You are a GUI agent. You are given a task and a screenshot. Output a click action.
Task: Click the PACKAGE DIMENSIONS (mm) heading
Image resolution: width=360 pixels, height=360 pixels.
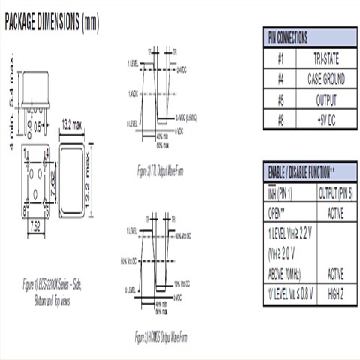pyautogui.click(x=51, y=23)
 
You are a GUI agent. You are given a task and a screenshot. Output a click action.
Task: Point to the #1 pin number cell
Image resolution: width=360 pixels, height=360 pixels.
pyautogui.click(x=280, y=58)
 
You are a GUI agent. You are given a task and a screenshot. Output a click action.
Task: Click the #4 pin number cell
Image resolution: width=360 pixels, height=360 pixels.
pyautogui.click(x=280, y=79)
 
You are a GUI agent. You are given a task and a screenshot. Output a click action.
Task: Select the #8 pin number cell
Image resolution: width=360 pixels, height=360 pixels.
pyautogui.click(x=280, y=119)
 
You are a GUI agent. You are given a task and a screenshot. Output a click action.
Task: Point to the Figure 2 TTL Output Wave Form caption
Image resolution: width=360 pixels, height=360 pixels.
pyautogui.click(x=160, y=171)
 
